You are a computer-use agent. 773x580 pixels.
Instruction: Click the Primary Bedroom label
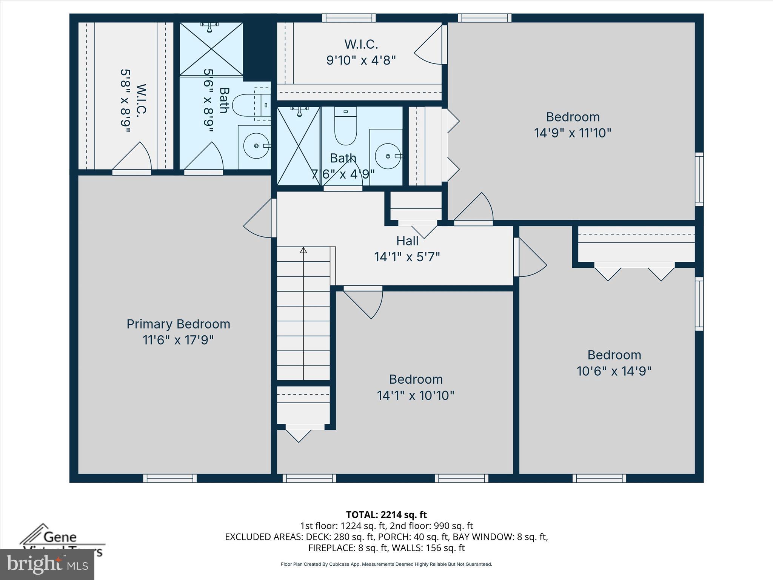click(x=178, y=324)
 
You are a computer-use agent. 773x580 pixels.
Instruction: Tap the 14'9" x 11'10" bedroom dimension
click(x=573, y=133)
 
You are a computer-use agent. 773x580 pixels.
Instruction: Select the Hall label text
click(x=407, y=241)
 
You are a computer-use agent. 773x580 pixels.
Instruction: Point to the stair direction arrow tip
click(x=303, y=249)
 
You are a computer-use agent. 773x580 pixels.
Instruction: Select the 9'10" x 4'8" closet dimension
click(x=361, y=60)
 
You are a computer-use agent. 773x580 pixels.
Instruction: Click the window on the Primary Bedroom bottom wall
click(x=170, y=478)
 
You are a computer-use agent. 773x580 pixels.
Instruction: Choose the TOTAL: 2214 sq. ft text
click(x=386, y=515)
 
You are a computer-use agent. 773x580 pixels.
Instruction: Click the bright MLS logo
click(x=47, y=564)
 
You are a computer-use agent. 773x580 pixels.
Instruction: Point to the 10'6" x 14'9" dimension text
click(x=614, y=371)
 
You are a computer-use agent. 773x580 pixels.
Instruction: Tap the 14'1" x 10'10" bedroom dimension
click(x=415, y=395)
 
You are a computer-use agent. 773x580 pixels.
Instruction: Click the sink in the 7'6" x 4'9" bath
click(x=388, y=156)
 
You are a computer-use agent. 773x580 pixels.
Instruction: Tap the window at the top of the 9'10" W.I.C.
click(x=349, y=18)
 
